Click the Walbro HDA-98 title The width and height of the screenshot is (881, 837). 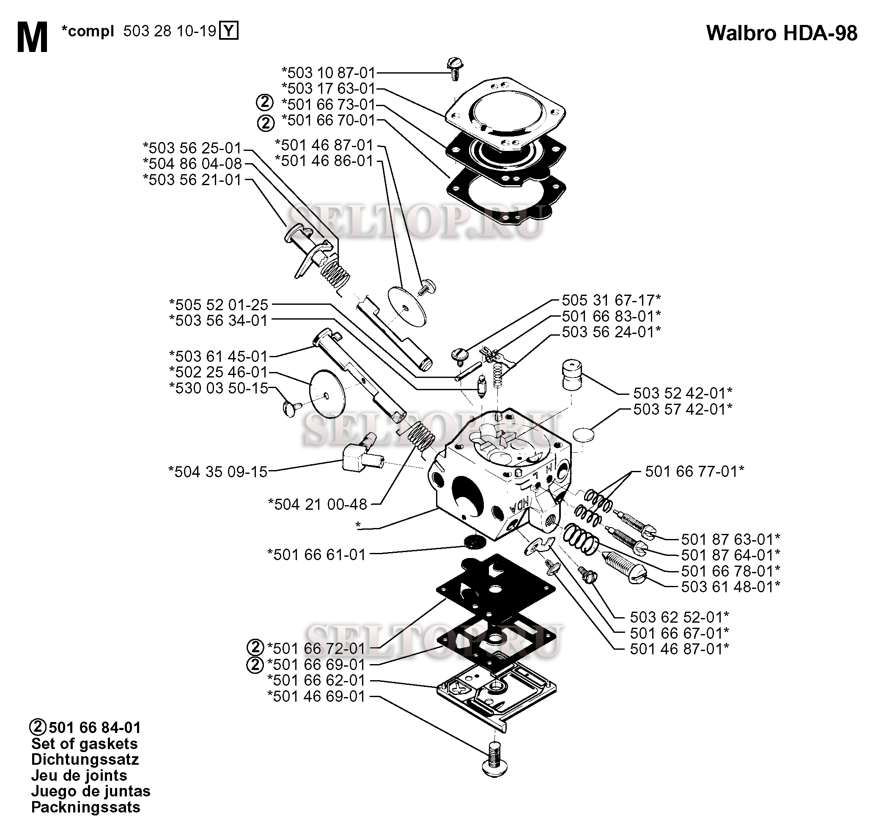click(x=782, y=33)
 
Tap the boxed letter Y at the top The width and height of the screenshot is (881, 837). click(x=228, y=31)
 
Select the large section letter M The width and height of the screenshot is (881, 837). click(x=32, y=38)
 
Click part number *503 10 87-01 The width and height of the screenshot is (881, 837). click(x=329, y=72)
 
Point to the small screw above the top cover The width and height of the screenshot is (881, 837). click(x=454, y=70)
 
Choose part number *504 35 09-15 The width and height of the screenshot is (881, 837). click(x=218, y=472)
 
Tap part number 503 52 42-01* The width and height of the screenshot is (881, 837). click(x=683, y=393)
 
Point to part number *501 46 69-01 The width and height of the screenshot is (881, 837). click(x=316, y=697)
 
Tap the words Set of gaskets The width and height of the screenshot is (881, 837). click(x=84, y=744)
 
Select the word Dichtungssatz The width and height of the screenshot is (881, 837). click(x=85, y=759)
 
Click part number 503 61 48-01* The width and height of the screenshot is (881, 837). click(x=730, y=587)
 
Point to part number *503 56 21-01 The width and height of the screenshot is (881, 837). click(x=192, y=180)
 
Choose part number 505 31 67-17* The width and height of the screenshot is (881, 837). click(x=611, y=300)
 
